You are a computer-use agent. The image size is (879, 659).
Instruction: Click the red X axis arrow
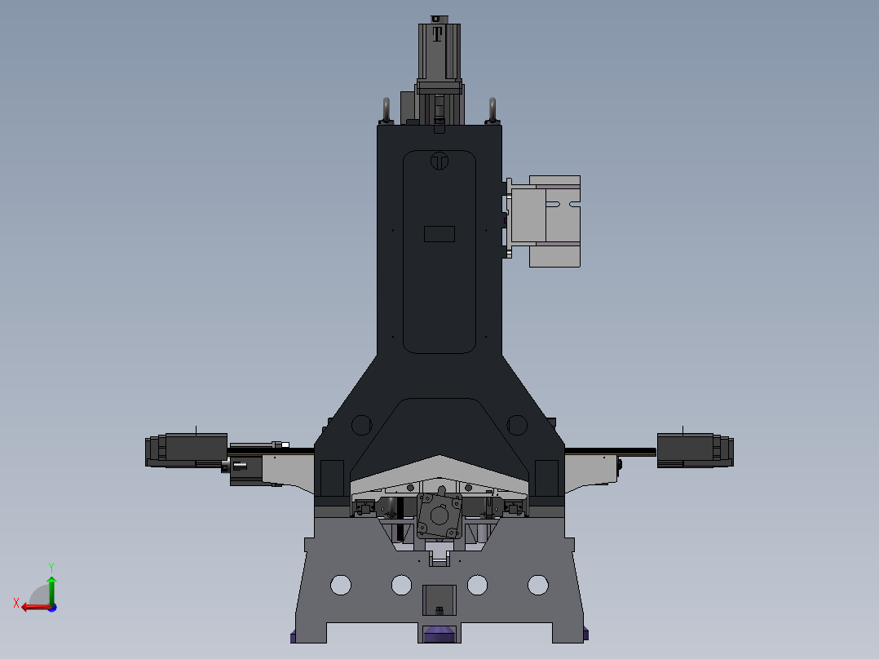[x=37, y=607]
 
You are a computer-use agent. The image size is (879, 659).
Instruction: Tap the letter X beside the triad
[x=16, y=603]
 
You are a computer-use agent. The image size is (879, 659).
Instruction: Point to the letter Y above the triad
[x=51, y=567]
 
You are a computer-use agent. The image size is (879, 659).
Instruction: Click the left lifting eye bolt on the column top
[x=386, y=110]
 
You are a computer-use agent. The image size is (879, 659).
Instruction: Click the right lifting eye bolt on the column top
[x=493, y=110]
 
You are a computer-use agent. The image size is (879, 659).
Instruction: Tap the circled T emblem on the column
[x=439, y=161]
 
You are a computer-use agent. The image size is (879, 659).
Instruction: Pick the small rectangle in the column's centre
[x=439, y=234]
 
